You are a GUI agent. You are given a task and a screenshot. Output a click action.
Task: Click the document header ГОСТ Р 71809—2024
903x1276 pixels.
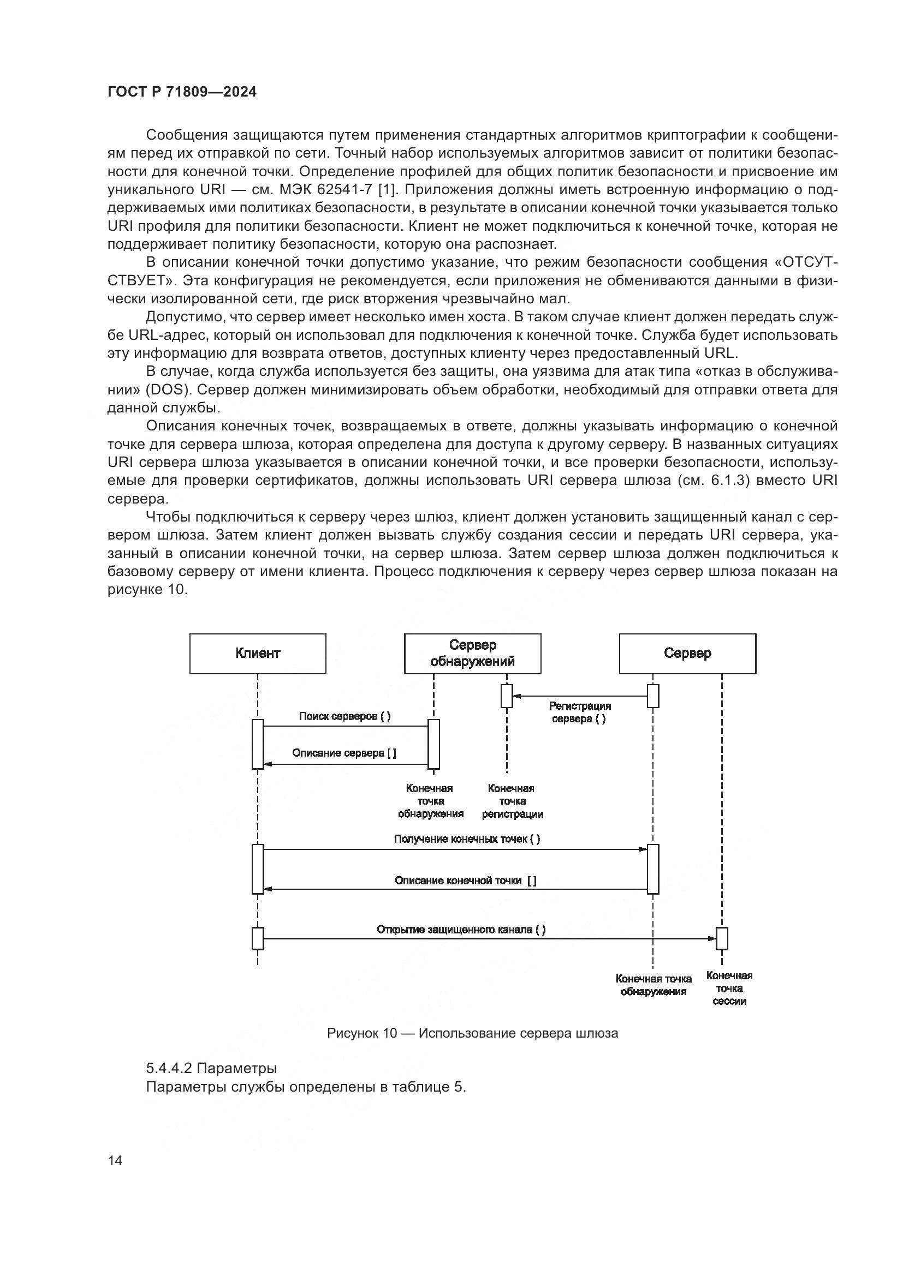[182, 92]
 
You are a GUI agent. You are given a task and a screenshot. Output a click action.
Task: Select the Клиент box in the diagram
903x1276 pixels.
[258, 654]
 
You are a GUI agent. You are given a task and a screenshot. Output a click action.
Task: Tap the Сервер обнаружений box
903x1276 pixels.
[472, 654]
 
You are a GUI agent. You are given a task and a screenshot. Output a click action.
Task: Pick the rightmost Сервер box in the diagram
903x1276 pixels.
[687, 654]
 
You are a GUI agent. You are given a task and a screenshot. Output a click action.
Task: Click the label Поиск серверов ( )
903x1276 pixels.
[344, 716]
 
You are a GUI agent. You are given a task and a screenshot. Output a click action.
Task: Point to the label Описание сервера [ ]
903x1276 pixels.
[344, 753]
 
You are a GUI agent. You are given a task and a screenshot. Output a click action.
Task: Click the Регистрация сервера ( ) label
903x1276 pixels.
[579, 712]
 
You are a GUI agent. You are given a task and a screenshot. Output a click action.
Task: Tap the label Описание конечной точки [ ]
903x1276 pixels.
[465, 880]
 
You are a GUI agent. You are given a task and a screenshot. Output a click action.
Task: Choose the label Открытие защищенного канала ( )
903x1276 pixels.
[461, 930]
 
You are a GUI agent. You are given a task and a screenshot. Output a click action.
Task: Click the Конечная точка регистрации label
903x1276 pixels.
[512, 801]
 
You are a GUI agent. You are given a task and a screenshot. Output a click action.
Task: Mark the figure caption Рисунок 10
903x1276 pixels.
[472, 1034]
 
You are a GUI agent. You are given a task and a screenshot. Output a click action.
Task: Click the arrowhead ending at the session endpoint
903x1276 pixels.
[712, 939]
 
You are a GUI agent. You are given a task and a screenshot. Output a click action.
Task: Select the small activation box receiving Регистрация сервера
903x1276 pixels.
[507, 696]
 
